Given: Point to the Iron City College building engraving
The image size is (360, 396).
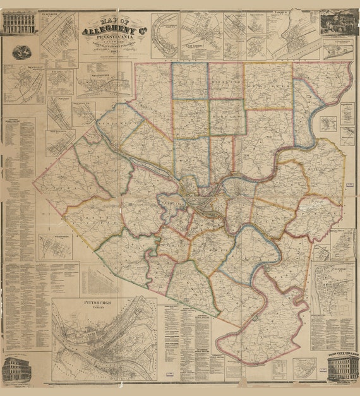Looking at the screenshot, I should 342,367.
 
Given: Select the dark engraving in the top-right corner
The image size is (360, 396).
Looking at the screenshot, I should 338,23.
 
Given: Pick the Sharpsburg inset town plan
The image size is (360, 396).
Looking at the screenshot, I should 104,82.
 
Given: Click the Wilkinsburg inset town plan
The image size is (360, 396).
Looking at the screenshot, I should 56,246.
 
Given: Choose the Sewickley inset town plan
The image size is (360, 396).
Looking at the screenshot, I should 25,82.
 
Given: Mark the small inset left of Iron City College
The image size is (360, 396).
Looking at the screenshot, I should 304,367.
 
